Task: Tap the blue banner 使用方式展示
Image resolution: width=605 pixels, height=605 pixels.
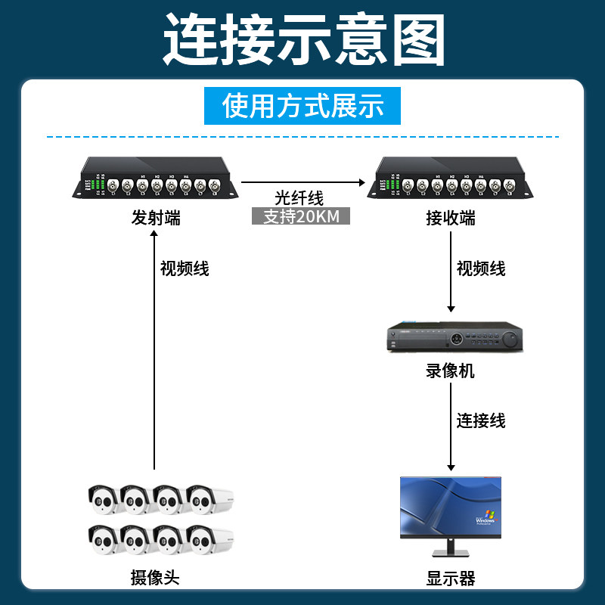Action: [x=302, y=106]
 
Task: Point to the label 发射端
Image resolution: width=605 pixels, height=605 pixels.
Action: [x=155, y=219]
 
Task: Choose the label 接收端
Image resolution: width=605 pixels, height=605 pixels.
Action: [x=451, y=219]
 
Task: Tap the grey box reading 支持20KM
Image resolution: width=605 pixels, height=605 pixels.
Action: [x=300, y=216]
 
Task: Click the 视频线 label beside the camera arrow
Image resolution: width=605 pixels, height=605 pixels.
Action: [x=185, y=268]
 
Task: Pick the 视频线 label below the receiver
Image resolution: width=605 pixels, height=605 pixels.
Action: [x=481, y=268]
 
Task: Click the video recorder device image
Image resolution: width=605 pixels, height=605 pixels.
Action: [x=455, y=338]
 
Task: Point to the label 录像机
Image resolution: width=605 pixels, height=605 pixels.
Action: [x=451, y=371]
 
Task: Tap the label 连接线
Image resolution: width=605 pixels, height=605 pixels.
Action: [x=481, y=420]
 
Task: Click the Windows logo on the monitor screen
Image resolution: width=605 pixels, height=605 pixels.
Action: [x=485, y=518]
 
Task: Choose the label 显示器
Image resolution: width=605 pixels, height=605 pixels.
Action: [x=451, y=579]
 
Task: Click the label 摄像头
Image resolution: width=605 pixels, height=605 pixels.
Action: [x=155, y=579]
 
